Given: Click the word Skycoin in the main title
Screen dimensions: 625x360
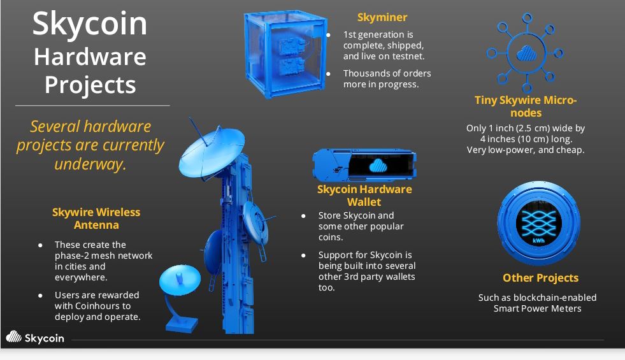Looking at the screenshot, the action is tap(90, 25).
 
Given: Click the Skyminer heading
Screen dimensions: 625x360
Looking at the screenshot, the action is tap(382, 18).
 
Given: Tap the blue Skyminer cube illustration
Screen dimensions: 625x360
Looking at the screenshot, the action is tap(285, 54).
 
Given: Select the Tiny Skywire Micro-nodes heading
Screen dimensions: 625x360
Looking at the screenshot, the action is tap(526, 106).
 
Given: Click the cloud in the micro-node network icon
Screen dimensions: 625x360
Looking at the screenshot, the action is tap(526, 54).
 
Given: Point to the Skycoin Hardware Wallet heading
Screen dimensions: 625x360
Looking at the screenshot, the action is tap(364, 196).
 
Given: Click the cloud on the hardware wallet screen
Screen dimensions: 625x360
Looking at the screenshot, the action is tap(378, 165).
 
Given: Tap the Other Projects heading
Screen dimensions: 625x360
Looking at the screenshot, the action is tap(540, 278).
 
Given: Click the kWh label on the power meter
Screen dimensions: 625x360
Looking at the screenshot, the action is tap(538, 240).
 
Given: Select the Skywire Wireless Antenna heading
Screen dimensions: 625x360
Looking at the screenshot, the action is tap(96, 219).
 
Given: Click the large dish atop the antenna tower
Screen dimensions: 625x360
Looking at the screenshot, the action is tap(212, 152).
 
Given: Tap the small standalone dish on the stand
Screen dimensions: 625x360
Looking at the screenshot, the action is tap(180, 279).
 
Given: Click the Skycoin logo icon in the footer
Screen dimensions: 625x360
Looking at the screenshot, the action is tap(14, 337).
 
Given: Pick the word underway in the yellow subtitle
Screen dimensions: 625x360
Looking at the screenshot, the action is tap(90, 164).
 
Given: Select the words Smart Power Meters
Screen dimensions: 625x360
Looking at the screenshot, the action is tap(537, 308).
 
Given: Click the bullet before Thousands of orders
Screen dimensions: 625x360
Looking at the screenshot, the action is tap(328, 74).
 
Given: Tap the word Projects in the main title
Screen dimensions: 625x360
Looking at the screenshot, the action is tap(90, 85).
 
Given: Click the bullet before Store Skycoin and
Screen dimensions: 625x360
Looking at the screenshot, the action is tap(303, 215).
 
